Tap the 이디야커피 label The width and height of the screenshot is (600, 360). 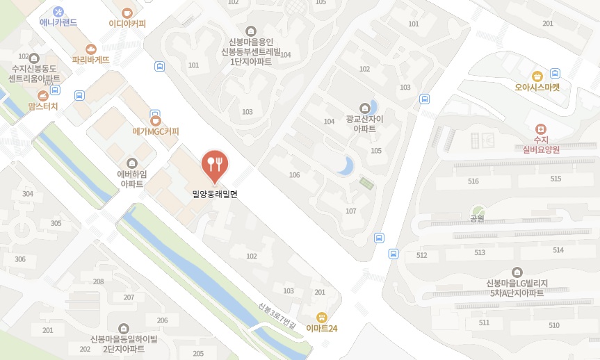(127, 23)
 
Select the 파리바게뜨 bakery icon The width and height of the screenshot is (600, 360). (90, 49)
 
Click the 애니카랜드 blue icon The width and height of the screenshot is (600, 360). (58, 11)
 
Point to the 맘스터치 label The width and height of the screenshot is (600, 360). (43, 106)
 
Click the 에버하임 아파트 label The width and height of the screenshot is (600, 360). (131, 179)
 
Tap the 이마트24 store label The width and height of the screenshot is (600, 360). (321, 328)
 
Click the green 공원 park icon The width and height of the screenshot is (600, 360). (476, 210)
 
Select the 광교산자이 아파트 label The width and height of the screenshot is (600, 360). (364, 124)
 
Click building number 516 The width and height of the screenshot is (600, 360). (473, 181)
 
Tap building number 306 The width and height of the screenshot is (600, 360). (20, 259)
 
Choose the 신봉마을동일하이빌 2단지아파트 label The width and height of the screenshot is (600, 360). (124, 343)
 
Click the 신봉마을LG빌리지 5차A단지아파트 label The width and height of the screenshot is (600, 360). (515, 288)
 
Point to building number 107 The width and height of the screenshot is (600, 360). (350, 211)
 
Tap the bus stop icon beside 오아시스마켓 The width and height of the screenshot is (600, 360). (555, 73)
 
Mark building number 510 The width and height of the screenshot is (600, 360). (553, 325)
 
